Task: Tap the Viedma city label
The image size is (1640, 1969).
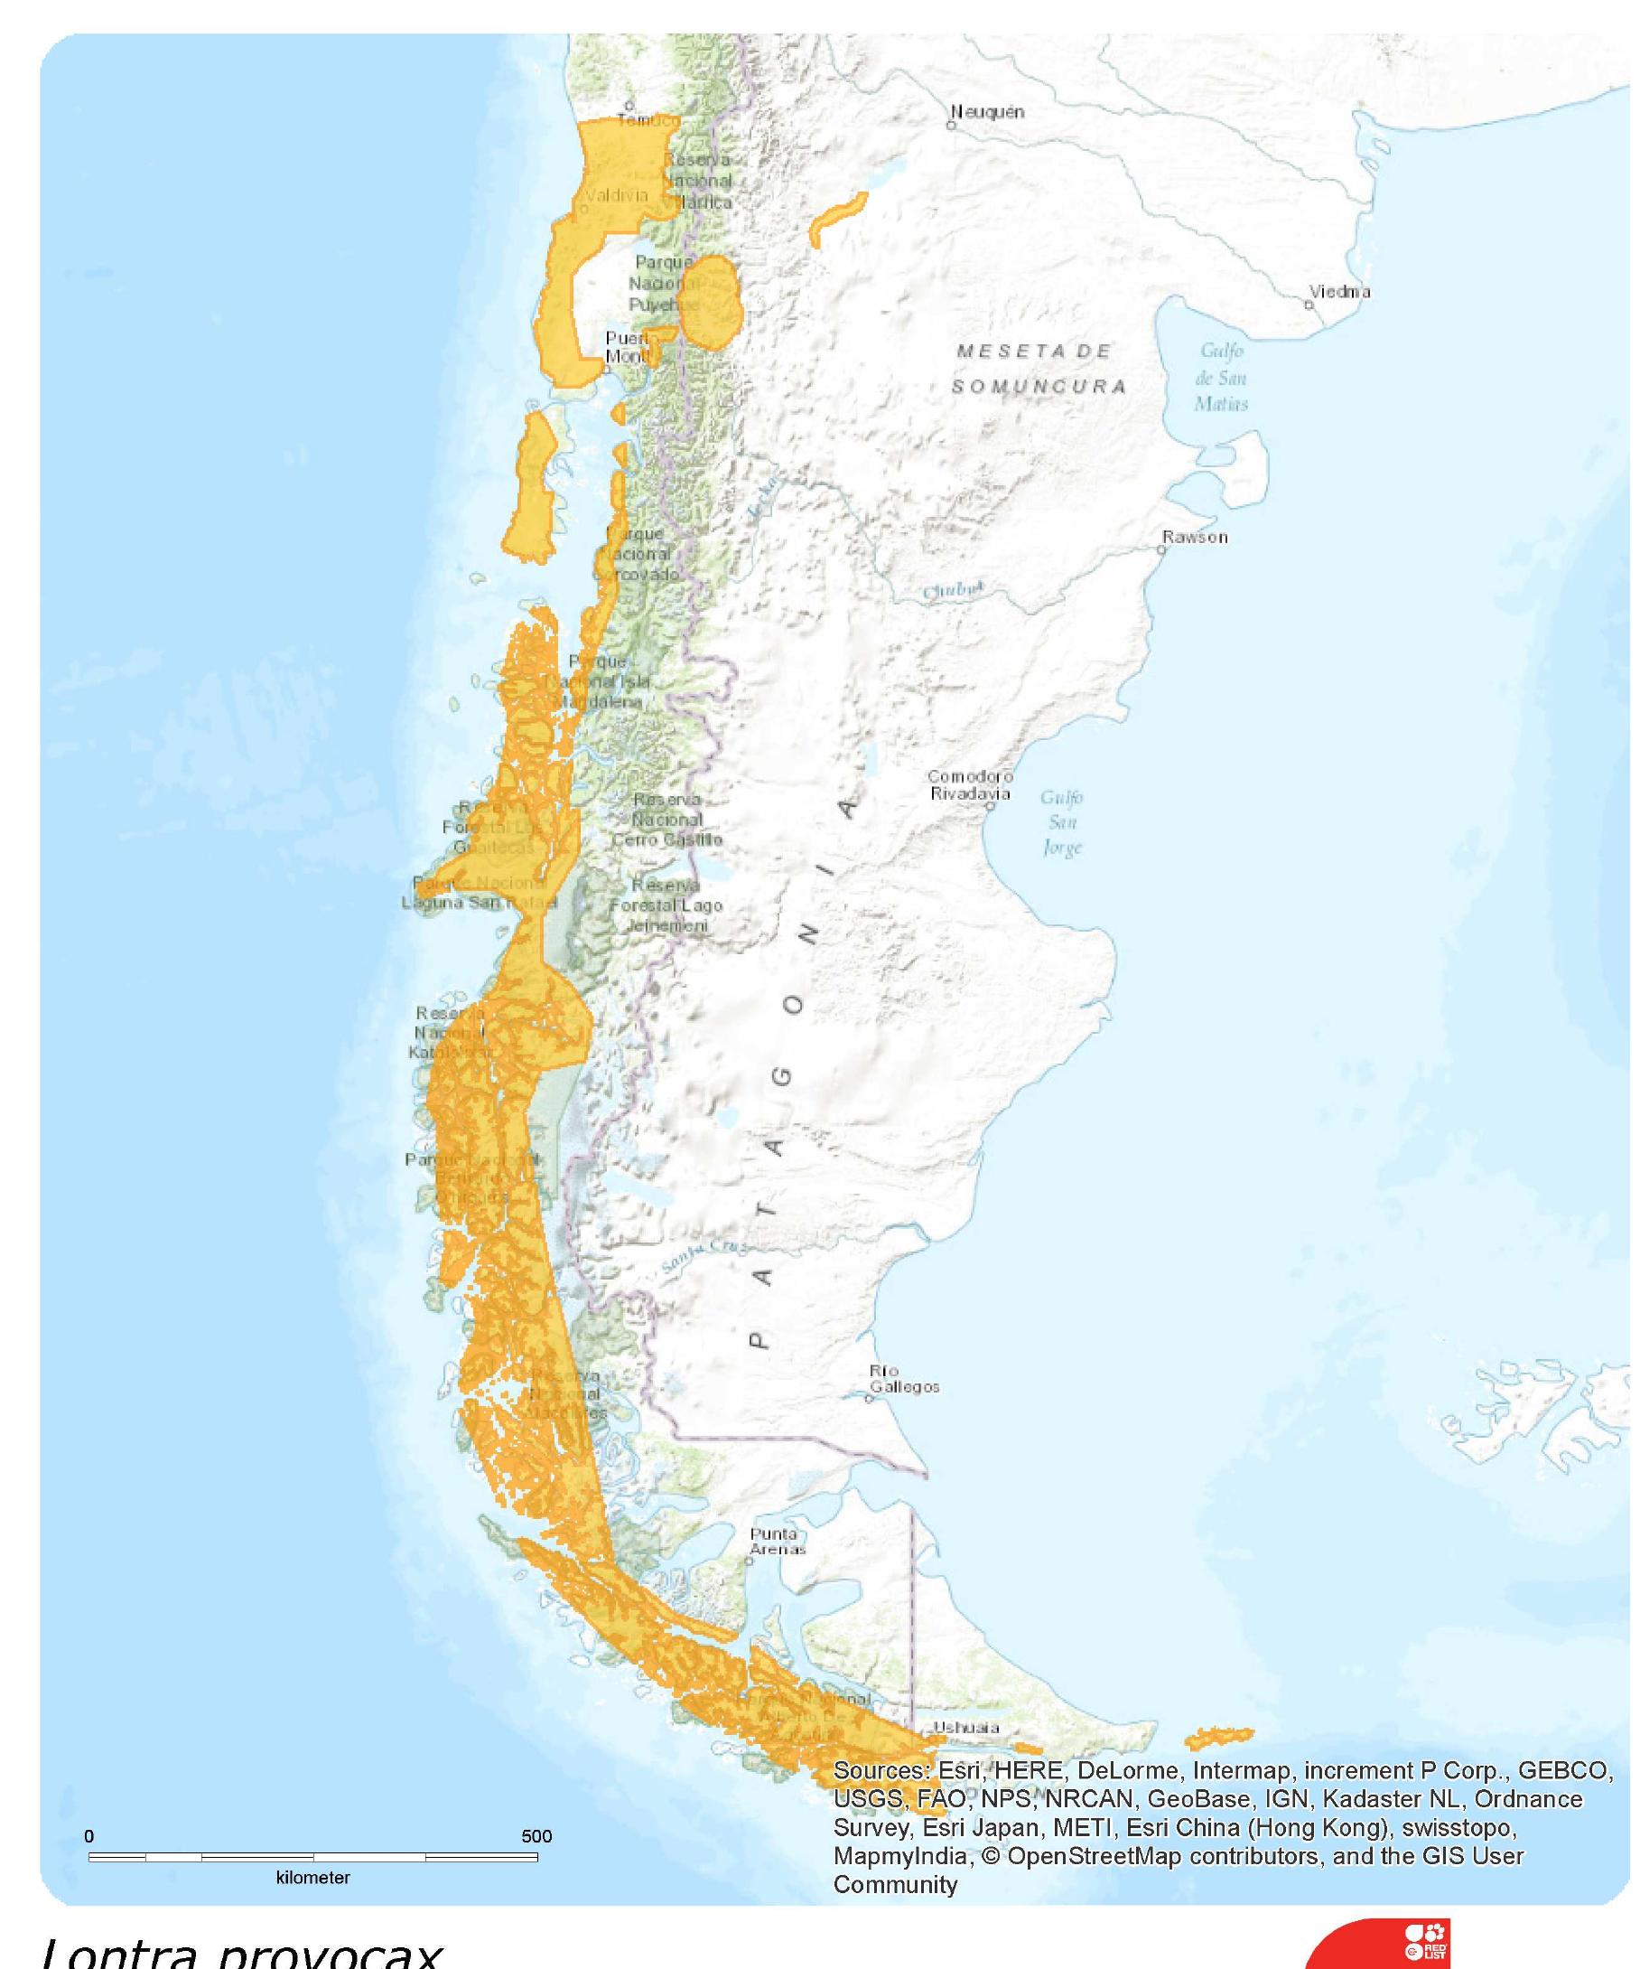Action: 1339,292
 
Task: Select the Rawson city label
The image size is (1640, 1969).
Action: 1194,538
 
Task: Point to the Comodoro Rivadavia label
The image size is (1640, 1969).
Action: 970,784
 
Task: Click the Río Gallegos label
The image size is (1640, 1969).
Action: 903,1379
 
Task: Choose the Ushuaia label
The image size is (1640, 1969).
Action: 965,1727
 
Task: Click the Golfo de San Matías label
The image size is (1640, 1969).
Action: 1220,377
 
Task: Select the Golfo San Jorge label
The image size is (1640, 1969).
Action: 1062,822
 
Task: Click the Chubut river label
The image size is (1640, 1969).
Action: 953,591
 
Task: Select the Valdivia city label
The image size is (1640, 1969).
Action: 616,195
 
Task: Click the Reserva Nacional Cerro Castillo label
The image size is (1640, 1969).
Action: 666,820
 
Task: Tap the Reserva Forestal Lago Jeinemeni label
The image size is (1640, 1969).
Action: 666,905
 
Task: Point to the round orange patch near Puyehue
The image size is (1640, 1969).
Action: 712,303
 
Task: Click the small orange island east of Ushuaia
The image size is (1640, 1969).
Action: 1218,1738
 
